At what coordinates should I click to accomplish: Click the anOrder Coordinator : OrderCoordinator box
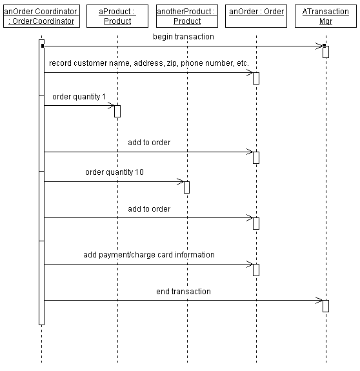click(42, 16)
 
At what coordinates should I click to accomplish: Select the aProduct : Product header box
click(117, 16)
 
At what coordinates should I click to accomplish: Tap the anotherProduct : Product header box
click(187, 16)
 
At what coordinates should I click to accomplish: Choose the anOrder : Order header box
click(256, 16)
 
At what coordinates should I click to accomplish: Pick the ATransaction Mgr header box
click(326, 16)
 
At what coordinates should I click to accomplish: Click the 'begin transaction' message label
click(183, 37)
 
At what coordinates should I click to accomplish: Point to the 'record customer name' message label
click(149, 63)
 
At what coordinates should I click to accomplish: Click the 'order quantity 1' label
click(79, 97)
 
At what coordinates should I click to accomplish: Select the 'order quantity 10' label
click(114, 172)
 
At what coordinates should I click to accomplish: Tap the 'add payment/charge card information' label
click(149, 255)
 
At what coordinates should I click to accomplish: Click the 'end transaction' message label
click(183, 292)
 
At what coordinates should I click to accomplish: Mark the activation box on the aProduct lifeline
click(117, 111)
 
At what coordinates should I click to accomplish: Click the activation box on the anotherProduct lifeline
click(186, 187)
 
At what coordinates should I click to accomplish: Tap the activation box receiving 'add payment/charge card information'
click(256, 270)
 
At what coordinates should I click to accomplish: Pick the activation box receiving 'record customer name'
click(256, 78)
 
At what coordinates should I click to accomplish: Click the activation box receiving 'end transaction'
click(326, 306)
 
